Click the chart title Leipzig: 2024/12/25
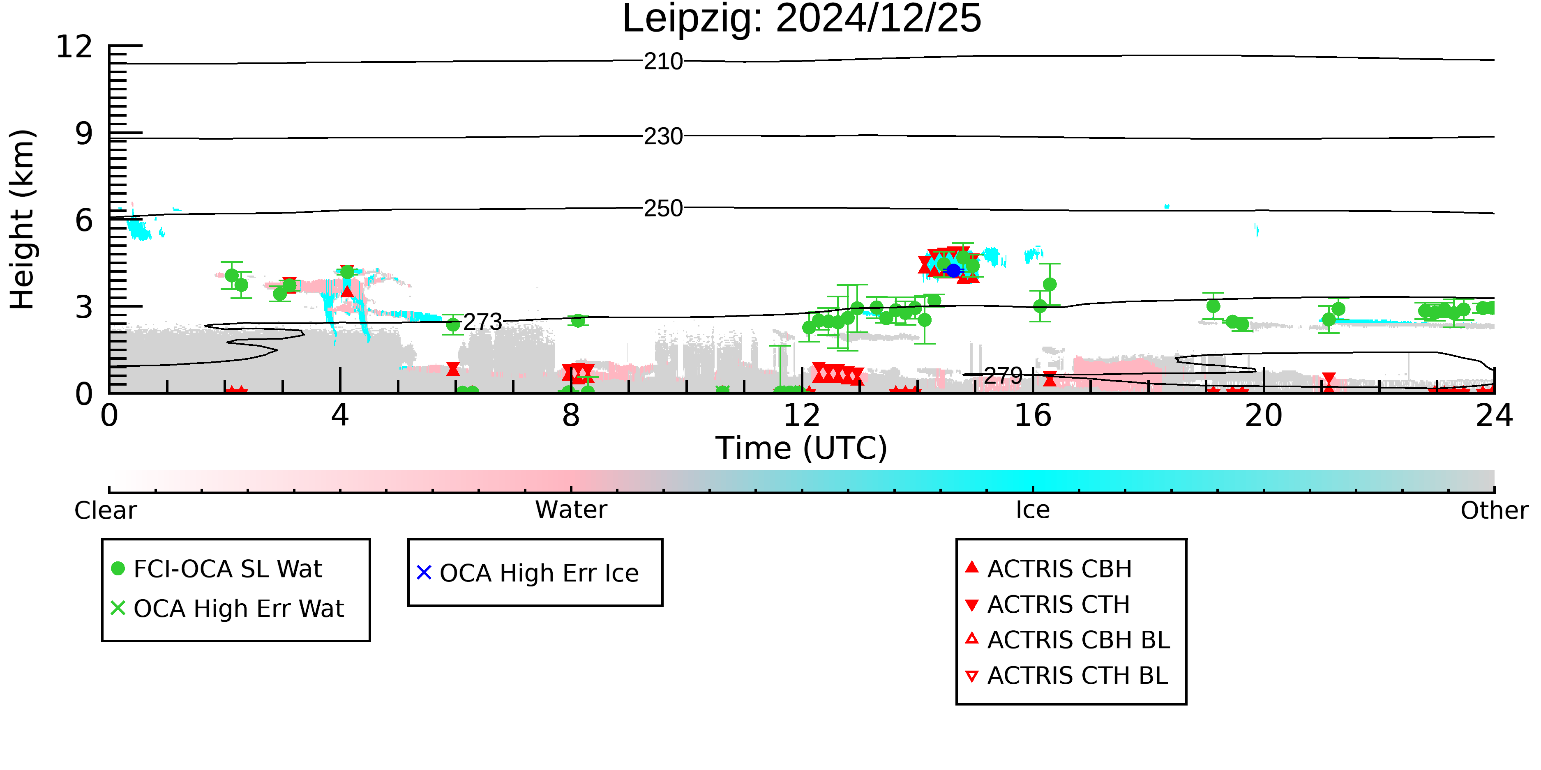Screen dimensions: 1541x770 (x=802, y=19)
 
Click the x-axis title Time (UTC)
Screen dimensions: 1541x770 (x=802, y=448)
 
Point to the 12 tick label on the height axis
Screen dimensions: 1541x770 (x=74, y=47)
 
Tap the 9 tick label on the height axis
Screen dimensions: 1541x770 (x=84, y=134)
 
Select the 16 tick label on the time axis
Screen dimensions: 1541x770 (x=1033, y=416)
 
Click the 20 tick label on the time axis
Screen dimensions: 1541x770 (x=1264, y=416)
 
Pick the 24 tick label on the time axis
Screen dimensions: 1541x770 (x=1494, y=416)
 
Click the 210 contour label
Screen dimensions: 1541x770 (x=663, y=62)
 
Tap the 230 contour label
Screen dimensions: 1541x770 (x=663, y=137)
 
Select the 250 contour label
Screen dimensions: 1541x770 (x=663, y=209)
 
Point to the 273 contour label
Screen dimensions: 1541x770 (x=483, y=322)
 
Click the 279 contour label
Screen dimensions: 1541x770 (x=1003, y=376)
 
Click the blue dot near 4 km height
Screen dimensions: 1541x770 (x=953, y=271)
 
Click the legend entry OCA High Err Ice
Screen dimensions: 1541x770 (x=528, y=573)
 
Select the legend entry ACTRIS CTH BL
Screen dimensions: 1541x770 (x=1067, y=676)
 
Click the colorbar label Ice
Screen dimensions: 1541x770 (x=1033, y=510)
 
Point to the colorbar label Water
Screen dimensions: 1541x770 (x=571, y=510)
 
